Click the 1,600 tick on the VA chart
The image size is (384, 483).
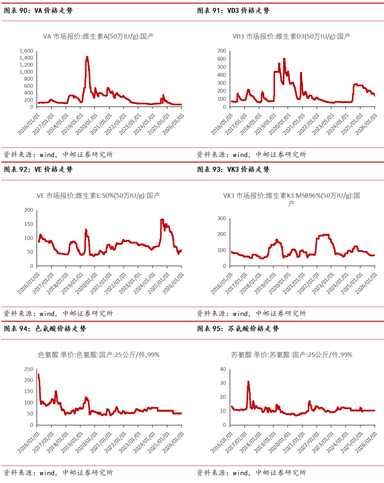[x=26, y=51]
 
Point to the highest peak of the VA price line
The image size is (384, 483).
[x=87, y=57]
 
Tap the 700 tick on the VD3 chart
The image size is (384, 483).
[x=222, y=51]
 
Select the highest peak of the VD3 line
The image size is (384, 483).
[x=284, y=59]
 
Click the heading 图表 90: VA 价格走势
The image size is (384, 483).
[x=38, y=11]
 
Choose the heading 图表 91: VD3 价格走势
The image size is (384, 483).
[x=233, y=11]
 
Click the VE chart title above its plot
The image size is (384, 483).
[x=98, y=195]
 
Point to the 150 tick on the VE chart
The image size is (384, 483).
[x=28, y=224]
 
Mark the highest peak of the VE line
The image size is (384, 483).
[x=162, y=220]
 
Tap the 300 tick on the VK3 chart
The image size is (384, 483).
[x=222, y=218]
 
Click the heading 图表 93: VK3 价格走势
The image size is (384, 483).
[x=233, y=169]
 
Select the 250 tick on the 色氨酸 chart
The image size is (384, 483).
[x=28, y=369]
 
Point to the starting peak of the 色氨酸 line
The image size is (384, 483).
[x=38, y=375]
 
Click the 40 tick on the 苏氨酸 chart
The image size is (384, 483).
[x=223, y=369]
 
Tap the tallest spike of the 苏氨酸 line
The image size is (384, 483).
[x=248, y=382]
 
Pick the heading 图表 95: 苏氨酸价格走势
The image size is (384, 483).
[x=238, y=329]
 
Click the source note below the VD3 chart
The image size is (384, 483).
[x=251, y=154]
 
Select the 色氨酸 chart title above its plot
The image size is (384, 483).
[x=98, y=355]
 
